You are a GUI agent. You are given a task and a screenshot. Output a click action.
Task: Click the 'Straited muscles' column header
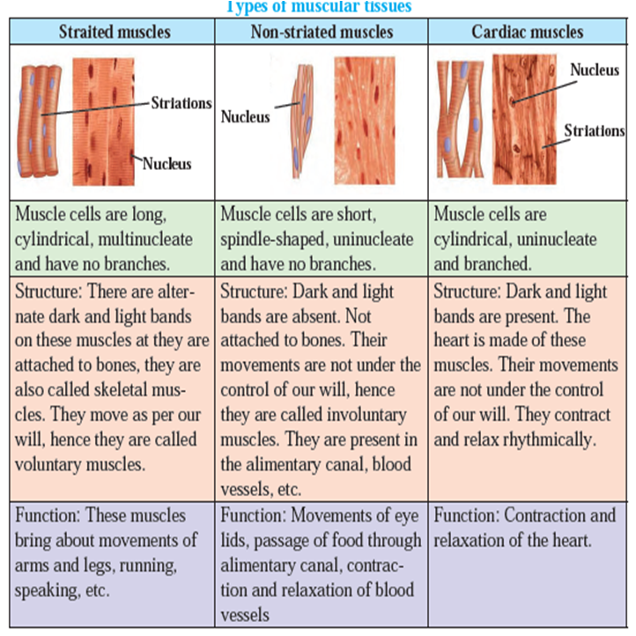[x=115, y=32]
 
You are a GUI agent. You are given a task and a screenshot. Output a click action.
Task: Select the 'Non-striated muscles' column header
[x=322, y=32]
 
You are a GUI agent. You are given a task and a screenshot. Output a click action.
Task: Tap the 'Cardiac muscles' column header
[x=528, y=32]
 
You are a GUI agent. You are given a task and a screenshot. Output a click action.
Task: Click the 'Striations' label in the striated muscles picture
[x=181, y=103]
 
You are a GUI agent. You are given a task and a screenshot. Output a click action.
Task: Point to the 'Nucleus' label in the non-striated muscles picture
[x=246, y=117]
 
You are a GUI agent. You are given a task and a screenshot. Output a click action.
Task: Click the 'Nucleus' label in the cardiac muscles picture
[x=595, y=70]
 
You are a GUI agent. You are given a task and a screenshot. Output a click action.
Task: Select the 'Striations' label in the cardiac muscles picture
[x=595, y=130]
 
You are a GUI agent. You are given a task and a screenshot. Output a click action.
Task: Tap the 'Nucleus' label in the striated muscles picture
[x=166, y=164]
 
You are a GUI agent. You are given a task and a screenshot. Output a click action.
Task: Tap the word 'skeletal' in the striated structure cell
[x=120, y=390]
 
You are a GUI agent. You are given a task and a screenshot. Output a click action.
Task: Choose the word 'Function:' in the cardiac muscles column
[x=467, y=515]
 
